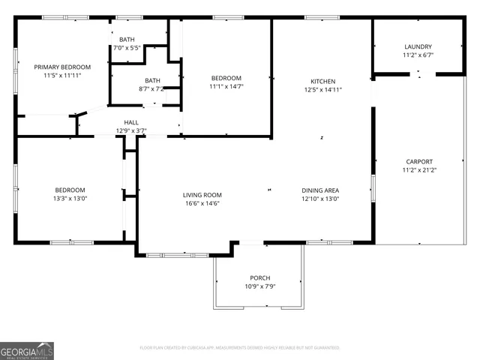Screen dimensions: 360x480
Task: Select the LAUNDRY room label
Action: point(418,46)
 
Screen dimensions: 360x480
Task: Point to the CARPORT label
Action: point(419,161)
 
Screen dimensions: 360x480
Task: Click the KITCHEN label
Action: point(323,81)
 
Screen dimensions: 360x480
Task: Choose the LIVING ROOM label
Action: point(202,195)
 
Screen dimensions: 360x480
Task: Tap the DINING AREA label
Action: point(320,190)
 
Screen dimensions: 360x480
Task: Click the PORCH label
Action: point(259,278)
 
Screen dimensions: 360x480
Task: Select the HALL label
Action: point(131,122)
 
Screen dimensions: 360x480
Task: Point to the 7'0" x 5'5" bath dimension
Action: point(127,48)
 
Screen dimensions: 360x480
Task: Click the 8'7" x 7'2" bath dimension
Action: point(152,89)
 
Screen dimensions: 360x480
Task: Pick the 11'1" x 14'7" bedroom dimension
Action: point(226,87)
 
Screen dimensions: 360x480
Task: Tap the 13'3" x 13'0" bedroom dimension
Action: point(70,199)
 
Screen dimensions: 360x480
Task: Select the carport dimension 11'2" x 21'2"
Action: point(419,170)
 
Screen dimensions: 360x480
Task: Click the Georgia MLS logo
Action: point(27,350)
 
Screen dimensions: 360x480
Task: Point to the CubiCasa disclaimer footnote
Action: point(240,348)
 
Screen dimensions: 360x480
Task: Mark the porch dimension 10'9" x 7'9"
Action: point(259,286)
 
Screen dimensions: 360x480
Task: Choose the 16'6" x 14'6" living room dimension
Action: point(202,204)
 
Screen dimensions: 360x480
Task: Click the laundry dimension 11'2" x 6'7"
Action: point(418,55)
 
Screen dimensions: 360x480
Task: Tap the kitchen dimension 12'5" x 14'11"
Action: point(323,90)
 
